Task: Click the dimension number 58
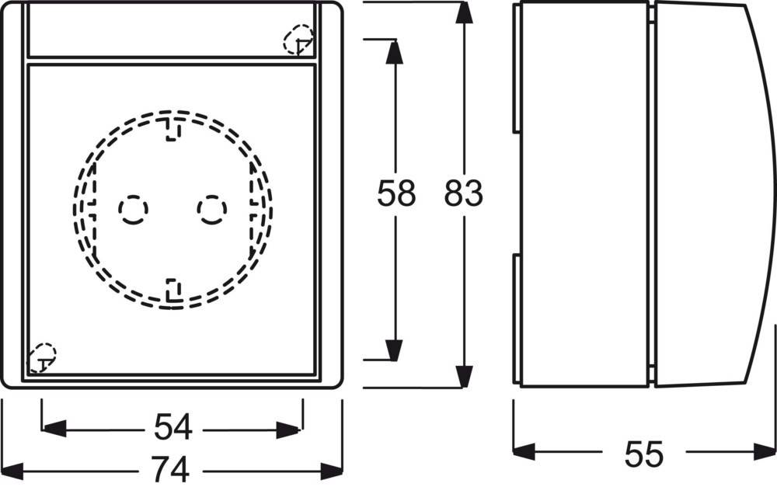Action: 396,193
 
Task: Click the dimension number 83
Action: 463,193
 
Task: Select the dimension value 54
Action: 173,427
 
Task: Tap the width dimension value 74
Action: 170,468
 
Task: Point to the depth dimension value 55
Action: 643,454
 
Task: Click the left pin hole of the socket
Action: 134,210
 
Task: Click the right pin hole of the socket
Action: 212,210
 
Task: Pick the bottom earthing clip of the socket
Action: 173,290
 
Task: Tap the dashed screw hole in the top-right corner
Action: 298,40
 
